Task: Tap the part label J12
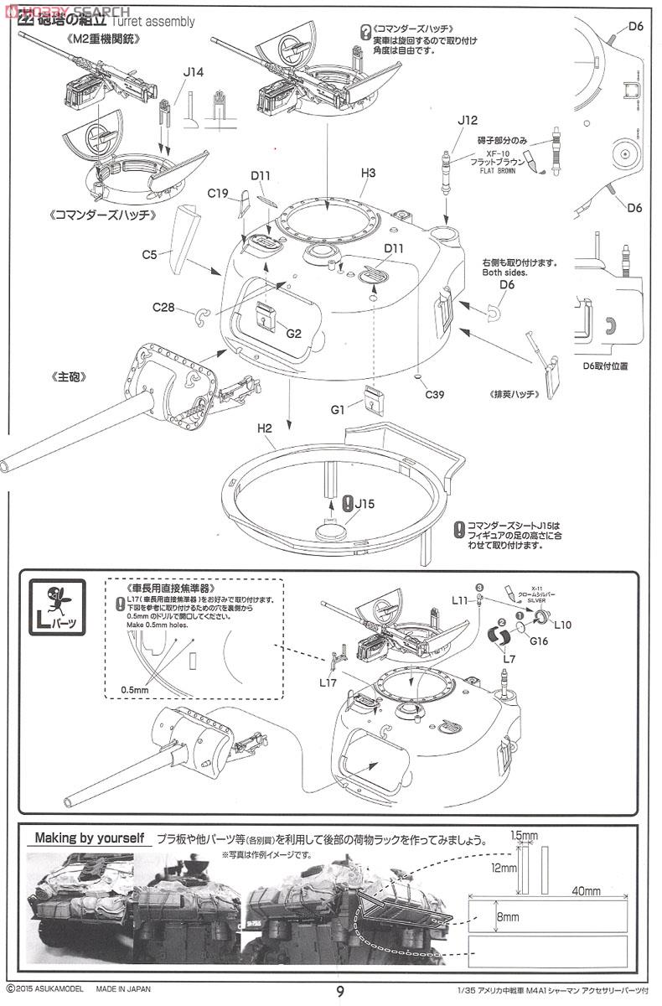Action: pos(468,121)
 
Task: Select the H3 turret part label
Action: pos(368,174)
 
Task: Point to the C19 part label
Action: pos(219,194)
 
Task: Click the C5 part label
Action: pos(150,252)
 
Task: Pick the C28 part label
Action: pos(163,308)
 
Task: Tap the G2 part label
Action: pos(293,333)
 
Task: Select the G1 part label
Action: pos(338,411)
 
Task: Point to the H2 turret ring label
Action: pos(265,428)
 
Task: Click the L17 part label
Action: pos(328,682)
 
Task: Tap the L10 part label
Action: pos(563,625)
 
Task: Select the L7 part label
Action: pos(509,660)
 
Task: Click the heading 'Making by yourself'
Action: pos(90,837)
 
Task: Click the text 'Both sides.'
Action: pos(507,272)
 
